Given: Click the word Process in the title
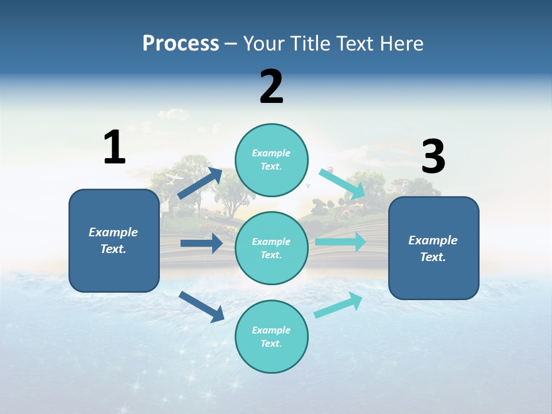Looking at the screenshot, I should coord(181,44).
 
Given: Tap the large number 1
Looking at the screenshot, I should coord(114,148).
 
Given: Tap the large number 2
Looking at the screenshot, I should coord(271,87).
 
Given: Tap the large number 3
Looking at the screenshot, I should coord(433,157).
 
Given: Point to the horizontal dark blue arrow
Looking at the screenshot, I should coord(201,243).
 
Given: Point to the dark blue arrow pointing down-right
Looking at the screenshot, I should coord(201,306).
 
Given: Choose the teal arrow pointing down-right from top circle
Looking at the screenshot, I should coord(343,183).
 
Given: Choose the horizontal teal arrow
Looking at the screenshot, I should coord(340,241).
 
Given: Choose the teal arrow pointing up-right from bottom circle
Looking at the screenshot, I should coord(339,305).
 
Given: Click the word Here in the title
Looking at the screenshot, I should coord(402,44).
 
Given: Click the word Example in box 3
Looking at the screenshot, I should coord(433,240).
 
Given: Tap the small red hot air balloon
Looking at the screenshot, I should coord(330,170).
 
